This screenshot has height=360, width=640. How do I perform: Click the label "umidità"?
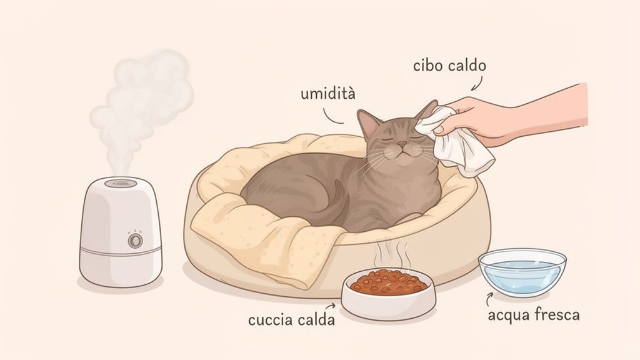(327, 94)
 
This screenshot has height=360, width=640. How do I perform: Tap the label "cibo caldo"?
(449, 66)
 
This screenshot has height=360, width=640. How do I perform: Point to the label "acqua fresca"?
(534, 314)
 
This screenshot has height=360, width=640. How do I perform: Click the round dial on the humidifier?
(134, 241)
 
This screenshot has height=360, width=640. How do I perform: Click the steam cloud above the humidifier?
(144, 100)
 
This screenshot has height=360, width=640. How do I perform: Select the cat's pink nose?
(401, 144)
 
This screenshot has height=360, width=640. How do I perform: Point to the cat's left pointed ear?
(367, 122)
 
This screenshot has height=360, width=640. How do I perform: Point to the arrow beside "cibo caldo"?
(477, 82)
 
